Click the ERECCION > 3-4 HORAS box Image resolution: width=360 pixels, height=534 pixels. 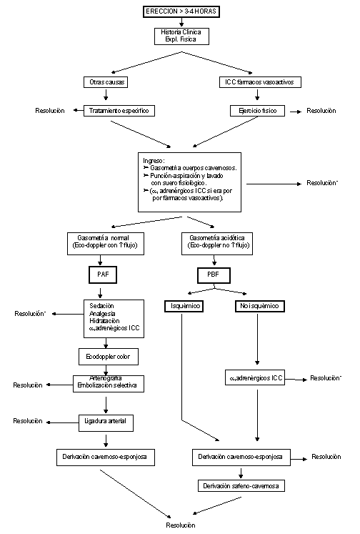tap(181, 12)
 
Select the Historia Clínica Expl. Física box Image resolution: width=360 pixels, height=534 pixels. tap(181, 36)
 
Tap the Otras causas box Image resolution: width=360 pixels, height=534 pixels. tap(106, 82)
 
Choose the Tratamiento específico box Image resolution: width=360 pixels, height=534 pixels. tap(119, 111)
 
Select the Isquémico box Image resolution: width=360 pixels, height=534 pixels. tap(183, 306)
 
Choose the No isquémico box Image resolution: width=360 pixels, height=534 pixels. tap(257, 306)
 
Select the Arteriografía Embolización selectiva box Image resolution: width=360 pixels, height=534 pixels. tap(106, 382)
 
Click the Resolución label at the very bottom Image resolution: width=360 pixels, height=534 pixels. tap(181, 525)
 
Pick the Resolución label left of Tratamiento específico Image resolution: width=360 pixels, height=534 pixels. tap(49, 111)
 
